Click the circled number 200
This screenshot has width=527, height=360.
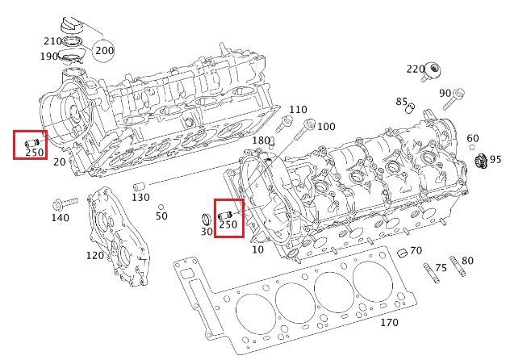pos(104,51)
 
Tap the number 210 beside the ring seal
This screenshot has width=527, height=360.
pos(52,41)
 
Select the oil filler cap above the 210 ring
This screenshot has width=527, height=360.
pos(71,26)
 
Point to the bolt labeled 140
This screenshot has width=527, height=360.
pos(65,203)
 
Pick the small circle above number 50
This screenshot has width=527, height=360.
pos(161,207)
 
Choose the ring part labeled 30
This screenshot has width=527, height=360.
pos(205,219)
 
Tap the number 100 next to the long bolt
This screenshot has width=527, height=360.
pos(326,127)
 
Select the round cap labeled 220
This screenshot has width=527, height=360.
pos(433,71)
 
